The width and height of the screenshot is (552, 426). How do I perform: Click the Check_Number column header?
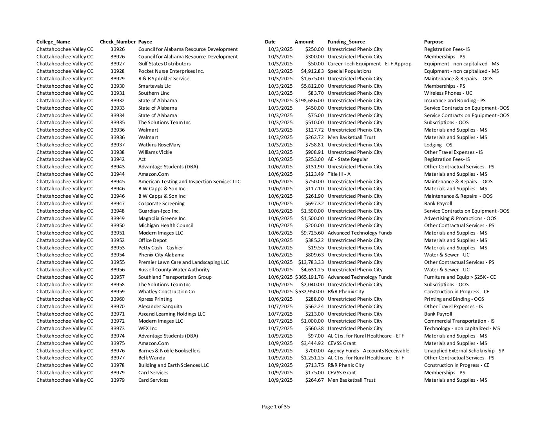point(118,42)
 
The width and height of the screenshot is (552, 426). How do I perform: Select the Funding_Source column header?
point(346,42)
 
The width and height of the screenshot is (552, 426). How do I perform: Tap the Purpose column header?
point(434,42)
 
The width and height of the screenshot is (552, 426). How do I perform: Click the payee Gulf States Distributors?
point(164,64)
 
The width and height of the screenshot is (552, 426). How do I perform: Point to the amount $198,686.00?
point(310,101)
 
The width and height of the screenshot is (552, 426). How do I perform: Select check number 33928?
point(118,71)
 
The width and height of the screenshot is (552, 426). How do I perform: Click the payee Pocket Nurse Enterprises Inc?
point(171,71)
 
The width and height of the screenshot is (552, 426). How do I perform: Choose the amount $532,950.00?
point(310,292)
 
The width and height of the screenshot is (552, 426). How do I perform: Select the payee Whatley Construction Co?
point(166,292)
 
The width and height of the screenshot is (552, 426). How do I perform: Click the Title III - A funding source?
point(339,174)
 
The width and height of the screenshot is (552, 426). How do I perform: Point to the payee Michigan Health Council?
point(165,226)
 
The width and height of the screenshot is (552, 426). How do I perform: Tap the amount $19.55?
point(316,248)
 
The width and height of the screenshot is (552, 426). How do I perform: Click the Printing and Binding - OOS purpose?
point(454,299)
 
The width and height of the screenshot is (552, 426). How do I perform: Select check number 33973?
point(118,329)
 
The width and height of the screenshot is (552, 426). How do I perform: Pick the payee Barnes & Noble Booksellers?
point(169,351)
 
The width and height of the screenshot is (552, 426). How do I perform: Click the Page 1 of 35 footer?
point(276,407)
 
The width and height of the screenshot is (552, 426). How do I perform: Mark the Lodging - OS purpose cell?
point(438,145)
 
